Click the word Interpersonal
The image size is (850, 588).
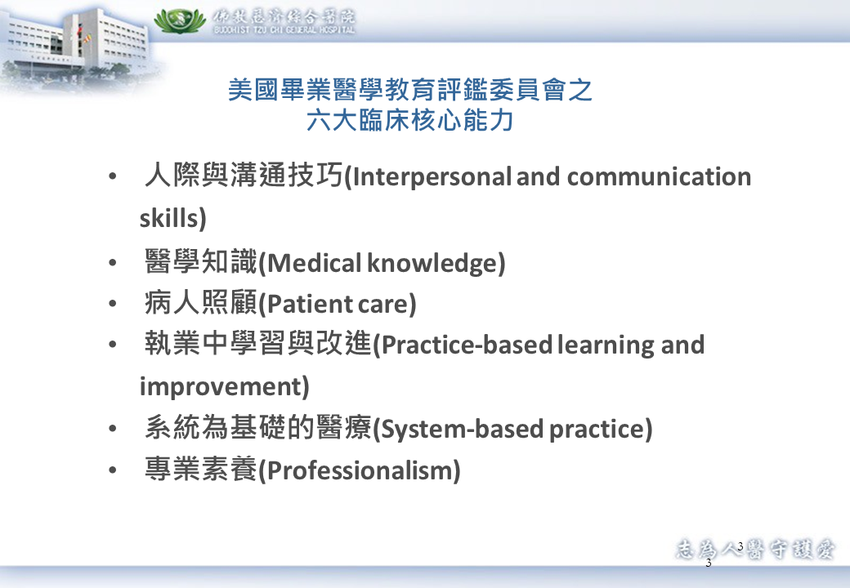[431, 177]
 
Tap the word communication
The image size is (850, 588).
[659, 177]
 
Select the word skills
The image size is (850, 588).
[170, 218]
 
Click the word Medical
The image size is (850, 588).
[315, 263]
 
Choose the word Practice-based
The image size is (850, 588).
[467, 345]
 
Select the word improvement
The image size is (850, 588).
[221, 387]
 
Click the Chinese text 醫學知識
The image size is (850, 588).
[200, 261]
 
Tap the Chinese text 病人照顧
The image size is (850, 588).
[200, 302]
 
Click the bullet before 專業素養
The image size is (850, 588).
[112, 470]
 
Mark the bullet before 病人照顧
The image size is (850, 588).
[112, 304]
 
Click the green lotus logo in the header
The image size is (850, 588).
[180, 20]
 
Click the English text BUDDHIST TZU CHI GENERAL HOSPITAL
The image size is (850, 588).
[284, 30]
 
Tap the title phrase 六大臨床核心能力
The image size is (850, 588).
[409, 120]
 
